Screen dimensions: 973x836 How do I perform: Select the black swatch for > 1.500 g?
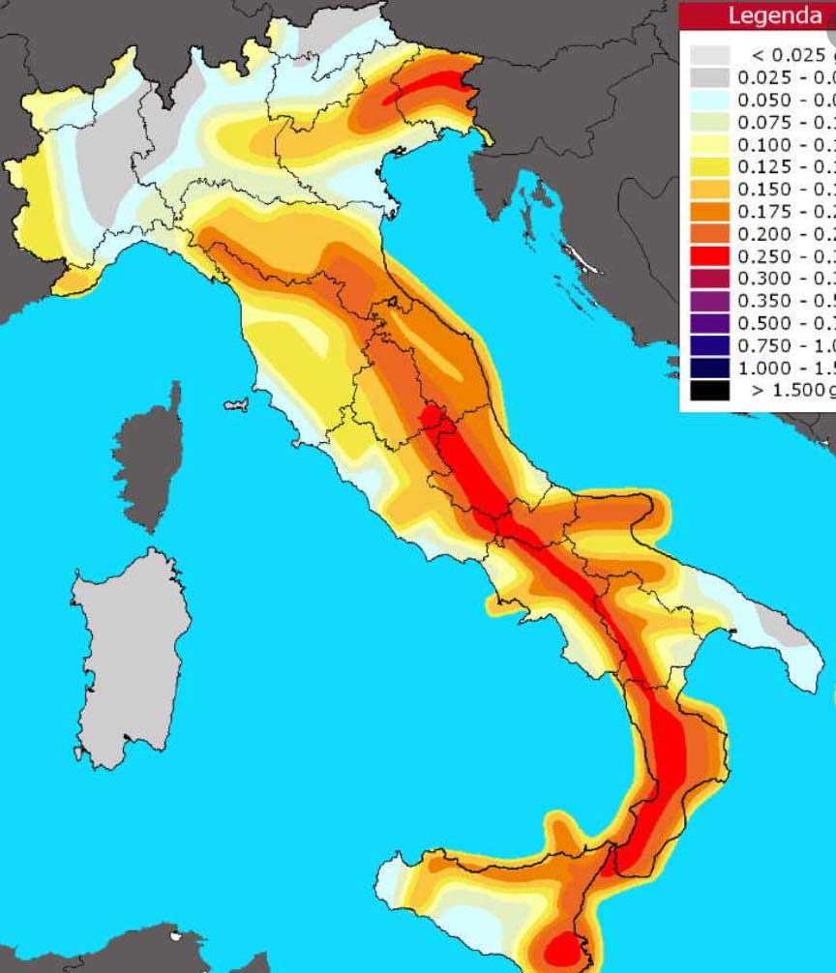(709, 390)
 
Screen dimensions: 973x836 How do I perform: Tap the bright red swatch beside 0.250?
(709, 256)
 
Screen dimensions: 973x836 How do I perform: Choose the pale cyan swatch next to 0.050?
(709, 100)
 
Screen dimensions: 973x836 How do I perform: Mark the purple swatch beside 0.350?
(709, 301)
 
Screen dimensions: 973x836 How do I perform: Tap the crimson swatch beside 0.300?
(709, 279)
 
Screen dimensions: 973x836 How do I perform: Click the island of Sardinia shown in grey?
(131, 658)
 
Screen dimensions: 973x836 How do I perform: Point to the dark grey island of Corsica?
(150, 455)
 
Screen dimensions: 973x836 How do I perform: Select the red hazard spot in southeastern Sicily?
(560, 948)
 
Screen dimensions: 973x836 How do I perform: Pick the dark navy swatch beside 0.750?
(709, 345)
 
